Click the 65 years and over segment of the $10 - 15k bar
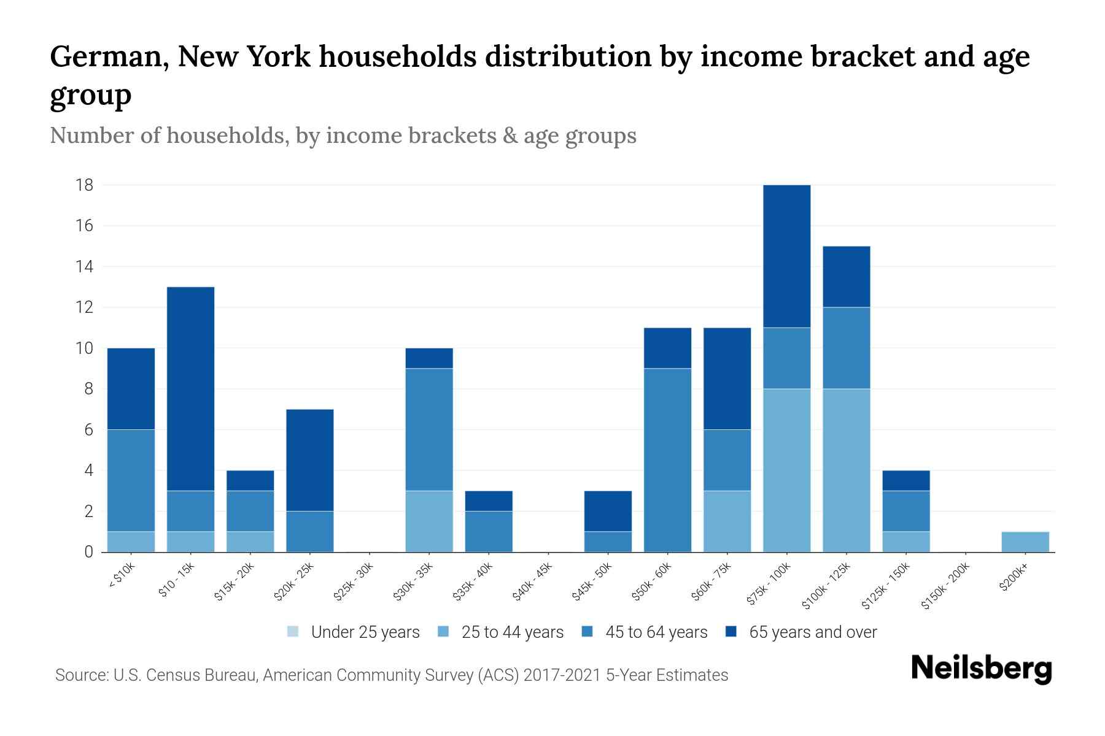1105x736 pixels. point(191,388)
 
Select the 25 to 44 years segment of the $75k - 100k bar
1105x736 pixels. point(786,470)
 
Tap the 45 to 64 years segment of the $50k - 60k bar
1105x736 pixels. point(667,460)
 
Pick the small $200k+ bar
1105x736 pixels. point(1025,542)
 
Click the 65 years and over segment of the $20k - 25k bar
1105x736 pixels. point(310,460)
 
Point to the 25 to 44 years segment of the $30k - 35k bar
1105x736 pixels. point(429,521)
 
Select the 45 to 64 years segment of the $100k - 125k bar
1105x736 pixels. point(846,348)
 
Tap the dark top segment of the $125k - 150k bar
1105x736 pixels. point(905,480)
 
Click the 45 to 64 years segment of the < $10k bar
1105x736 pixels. point(131,480)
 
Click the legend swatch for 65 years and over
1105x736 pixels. point(731,632)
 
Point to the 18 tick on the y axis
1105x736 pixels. point(85,185)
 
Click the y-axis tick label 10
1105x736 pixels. point(85,348)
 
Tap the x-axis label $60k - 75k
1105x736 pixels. point(712,582)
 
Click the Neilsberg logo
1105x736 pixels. point(981,669)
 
